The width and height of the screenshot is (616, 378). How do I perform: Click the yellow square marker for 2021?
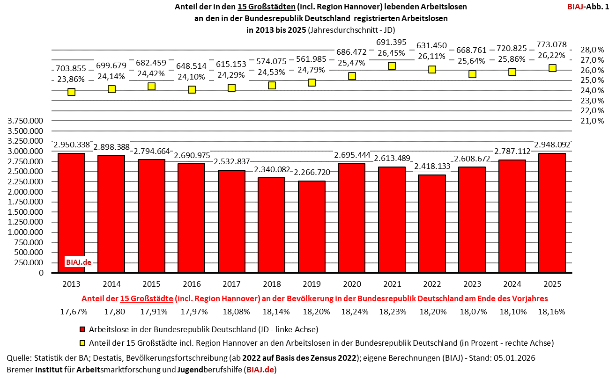[392, 66]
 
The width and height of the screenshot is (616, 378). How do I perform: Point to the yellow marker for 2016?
[192, 89]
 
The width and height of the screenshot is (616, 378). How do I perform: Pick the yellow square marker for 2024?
[512, 72]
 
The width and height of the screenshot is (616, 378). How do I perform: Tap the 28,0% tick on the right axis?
[592, 50]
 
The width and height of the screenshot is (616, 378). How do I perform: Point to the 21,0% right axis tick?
[592, 121]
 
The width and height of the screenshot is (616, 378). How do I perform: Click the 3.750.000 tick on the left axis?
[25, 121]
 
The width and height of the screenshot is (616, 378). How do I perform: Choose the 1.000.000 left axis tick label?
[25, 232]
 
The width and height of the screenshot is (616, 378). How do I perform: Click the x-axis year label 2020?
[352, 284]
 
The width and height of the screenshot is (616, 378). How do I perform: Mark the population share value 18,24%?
[352, 311]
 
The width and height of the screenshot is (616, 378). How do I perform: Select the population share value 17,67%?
[72, 311]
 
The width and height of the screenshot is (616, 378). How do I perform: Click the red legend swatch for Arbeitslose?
[82, 329]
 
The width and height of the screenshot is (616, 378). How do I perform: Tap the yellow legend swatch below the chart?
[82, 343]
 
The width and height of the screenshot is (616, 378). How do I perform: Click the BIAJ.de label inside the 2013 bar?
[78, 262]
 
